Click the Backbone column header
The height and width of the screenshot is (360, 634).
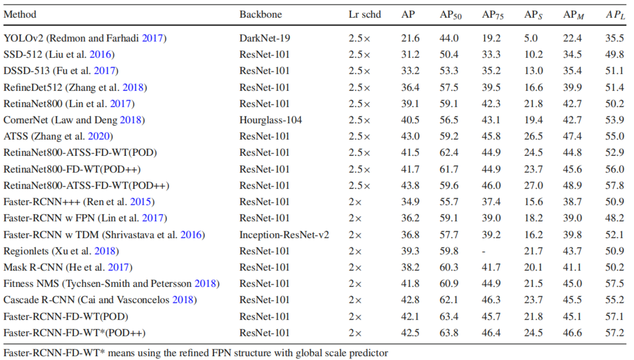tap(261, 14)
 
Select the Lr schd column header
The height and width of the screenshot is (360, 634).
tap(364, 14)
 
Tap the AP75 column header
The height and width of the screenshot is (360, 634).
tap(493, 15)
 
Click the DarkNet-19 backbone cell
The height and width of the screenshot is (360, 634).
tap(264, 38)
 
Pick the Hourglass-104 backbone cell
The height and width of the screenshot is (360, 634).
tap(271, 120)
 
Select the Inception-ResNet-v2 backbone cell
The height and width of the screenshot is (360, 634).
tap(284, 235)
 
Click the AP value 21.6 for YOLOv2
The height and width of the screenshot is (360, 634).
tap(410, 38)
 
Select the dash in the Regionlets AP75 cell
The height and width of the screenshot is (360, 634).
tap(484, 252)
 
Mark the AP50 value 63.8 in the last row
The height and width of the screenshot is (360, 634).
tap(449, 333)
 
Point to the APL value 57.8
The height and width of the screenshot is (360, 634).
tap(615, 185)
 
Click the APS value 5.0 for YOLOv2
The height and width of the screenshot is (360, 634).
tap(531, 38)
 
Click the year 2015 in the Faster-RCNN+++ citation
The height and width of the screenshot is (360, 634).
tap(140, 201)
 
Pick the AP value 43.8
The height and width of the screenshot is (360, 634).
tap(410, 185)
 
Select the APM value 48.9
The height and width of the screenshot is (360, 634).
tap(572, 185)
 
